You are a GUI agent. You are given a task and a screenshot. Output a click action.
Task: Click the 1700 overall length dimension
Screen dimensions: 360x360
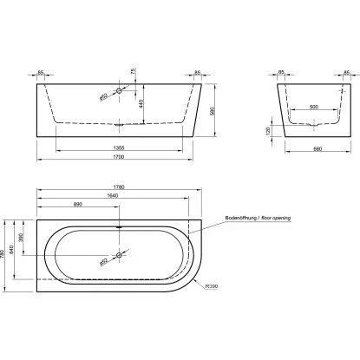click(118, 161)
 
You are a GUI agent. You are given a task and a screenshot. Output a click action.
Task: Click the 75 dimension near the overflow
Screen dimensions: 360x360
click(134, 73)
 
